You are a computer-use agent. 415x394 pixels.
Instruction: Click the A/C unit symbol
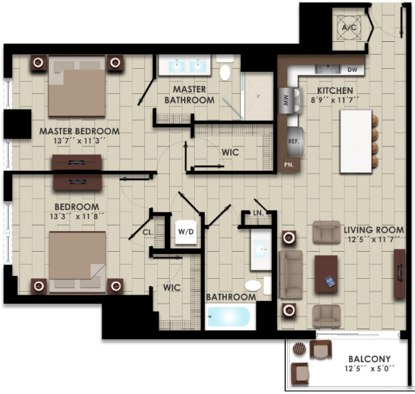[349, 27]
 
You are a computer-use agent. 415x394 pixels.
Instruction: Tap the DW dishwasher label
[352, 70]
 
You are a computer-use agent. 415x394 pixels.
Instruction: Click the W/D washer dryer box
[186, 232]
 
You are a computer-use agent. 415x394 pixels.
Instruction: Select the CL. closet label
[149, 231]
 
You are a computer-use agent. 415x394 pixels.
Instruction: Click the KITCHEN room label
[334, 91]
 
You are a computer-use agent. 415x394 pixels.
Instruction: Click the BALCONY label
[367, 359]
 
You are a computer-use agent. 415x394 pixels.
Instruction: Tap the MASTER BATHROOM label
[189, 95]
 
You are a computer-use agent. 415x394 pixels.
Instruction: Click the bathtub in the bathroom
[230, 316]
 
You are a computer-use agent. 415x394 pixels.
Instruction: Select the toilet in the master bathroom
[225, 72]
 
